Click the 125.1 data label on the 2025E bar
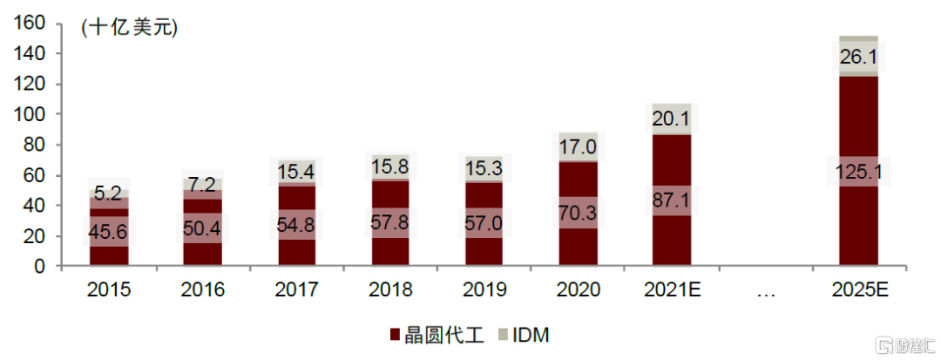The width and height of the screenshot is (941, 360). [858, 173]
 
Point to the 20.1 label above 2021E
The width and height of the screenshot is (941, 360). [671, 119]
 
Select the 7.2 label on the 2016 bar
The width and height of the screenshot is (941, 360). [202, 184]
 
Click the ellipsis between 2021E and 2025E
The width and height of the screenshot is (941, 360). [765, 290]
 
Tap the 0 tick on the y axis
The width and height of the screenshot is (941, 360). [40, 267]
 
